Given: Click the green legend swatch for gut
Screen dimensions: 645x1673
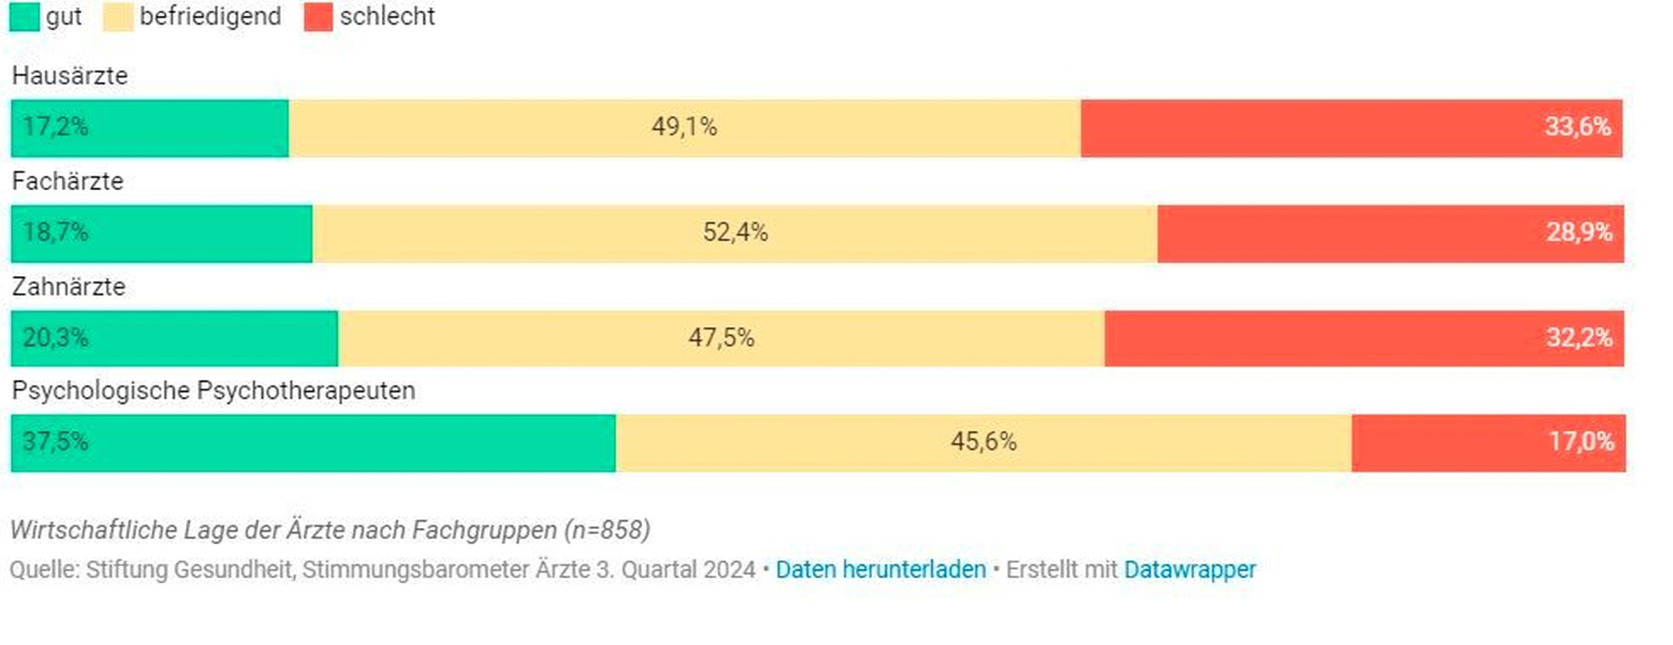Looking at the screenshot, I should tap(24, 17).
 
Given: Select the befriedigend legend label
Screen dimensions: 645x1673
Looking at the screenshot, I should tap(210, 17).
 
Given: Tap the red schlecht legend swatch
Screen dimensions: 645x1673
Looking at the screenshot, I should tap(318, 17).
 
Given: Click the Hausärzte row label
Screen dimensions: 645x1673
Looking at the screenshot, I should tap(70, 76).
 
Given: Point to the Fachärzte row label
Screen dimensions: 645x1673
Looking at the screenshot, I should tap(68, 181).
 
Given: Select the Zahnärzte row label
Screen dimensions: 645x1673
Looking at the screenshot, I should tap(69, 287).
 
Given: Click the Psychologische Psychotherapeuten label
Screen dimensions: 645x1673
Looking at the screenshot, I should tap(213, 391).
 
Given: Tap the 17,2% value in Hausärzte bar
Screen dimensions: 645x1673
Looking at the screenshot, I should tap(55, 127).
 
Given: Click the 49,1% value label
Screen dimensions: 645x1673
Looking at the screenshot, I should tap(684, 127).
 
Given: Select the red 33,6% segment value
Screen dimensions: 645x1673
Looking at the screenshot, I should tap(1577, 127).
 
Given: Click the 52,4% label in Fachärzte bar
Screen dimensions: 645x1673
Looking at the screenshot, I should tap(735, 232).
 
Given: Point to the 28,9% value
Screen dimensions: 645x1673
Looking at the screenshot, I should tap(1579, 232).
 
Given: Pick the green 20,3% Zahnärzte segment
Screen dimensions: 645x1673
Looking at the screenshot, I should tap(174, 338).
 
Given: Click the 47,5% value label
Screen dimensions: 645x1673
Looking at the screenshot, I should tap(721, 338).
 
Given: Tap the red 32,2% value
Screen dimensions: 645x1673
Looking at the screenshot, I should tap(1579, 338).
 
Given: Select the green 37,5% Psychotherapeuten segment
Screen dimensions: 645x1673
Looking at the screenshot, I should tap(313, 443).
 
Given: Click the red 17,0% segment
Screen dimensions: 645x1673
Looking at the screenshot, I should tap(1488, 443).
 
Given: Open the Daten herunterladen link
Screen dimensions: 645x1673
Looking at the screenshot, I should tap(881, 570).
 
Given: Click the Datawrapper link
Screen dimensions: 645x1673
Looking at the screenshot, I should tap(1190, 570).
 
